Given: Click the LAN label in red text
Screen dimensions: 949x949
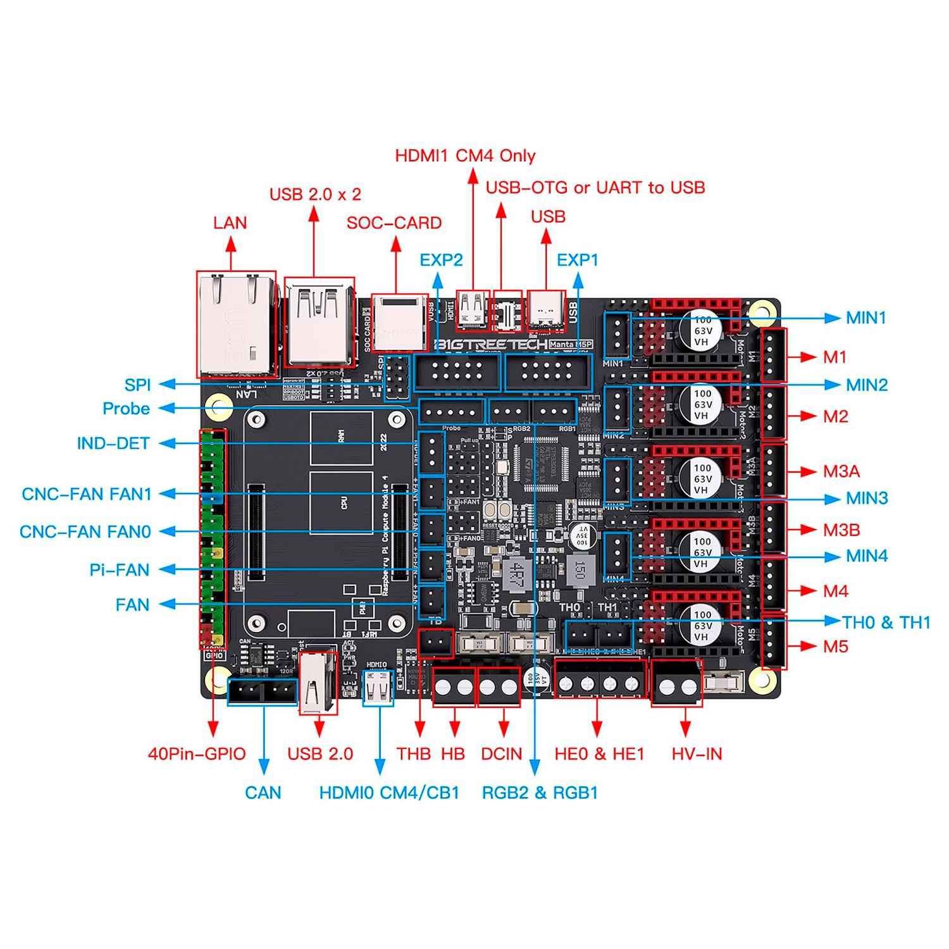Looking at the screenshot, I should pyautogui.click(x=230, y=223).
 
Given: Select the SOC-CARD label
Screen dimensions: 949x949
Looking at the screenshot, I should pyautogui.click(x=394, y=223).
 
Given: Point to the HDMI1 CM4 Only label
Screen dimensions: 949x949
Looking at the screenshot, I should pyautogui.click(x=465, y=156).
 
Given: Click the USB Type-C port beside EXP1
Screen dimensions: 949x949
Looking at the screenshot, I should pyautogui.click(x=546, y=311).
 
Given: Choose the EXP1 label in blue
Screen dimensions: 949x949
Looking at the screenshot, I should pyautogui.click(x=577, y=260).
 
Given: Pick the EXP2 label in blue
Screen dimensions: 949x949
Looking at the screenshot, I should pyautogui.click(x=441, y=260).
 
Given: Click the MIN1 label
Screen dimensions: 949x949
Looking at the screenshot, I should pyautogui.click(x=866, y=318).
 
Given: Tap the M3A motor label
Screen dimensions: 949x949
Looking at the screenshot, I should pyautogui.click(x=841, y=471).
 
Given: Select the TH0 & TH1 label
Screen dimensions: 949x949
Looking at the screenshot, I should pyautogui.click(x=886, y=623).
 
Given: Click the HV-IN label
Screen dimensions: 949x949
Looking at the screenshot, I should pyautogui.click(x=697, y=754).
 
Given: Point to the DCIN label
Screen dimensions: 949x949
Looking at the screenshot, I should pyautogui.click(x=502, y=754).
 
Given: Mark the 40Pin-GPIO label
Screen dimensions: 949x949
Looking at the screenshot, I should pyautogui.click(x=197, y=754).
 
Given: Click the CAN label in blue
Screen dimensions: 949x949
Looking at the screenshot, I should pyautogui.click(x=263, y=793).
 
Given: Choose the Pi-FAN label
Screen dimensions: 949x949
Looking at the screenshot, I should pyautogui.click(x=120, y=570).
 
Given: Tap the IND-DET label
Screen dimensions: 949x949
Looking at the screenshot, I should pyautogui.click(x=113, y=443).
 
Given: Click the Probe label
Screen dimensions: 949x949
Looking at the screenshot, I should pyautogui.click(x=126, y=409).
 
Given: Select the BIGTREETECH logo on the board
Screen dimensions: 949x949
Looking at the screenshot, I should pyautogui.click(x=490, y=344).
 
